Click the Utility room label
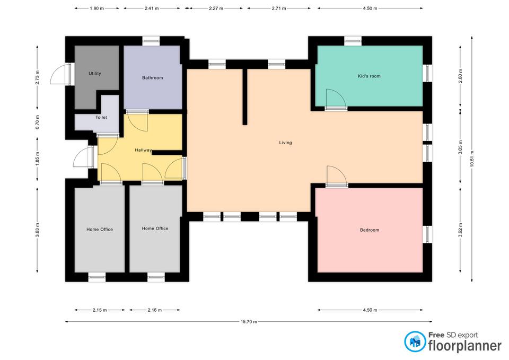click(x=95, y=73)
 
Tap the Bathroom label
click(x=153, y=77)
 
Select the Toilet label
click(x=101, y=117)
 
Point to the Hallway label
click(x=144, y=150)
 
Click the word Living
click(x=286, y=143)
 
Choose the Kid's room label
click(x=369, y=76)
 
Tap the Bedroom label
click(x=370, y=230)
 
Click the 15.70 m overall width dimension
click(x=249, y=322)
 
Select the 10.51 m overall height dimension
click(x=472, y=159)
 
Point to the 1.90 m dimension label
click(x=96, y=8)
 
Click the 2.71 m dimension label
click(x=279, y=8)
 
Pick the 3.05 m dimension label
click(x=460, y=147)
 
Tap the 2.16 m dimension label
click(x=154, y=310)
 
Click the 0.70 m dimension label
click(x=37, y=122)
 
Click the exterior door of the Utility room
click(x=60, y=74)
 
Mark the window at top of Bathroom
click(x=151, y=41)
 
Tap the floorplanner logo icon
click(x=415, y=341)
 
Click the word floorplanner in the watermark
click(x=465, y=345)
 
